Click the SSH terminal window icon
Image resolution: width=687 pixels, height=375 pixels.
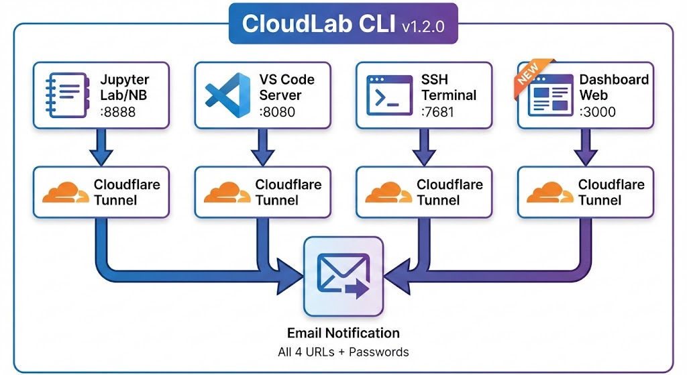pos(388,95)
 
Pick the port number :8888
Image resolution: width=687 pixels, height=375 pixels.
pos(117,111)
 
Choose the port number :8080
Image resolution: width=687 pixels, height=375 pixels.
pos(277,111)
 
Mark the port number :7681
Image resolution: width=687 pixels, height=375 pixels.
pos(438,111)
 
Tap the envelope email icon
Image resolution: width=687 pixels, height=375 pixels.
pos(343,275)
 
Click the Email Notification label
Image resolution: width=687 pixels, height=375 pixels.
pos(343,333)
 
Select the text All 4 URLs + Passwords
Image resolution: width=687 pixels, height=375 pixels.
pos(343,352)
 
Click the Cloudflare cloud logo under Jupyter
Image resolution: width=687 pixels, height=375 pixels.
pos(64,193)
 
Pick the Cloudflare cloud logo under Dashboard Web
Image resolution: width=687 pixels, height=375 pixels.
pos(549,193)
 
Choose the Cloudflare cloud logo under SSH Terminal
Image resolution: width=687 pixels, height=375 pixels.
pos(388,193)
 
